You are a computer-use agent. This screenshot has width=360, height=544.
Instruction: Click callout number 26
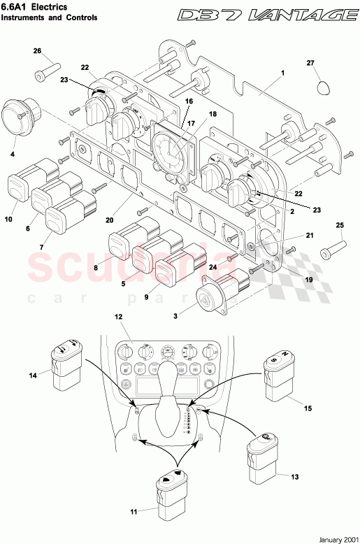pos(38,51)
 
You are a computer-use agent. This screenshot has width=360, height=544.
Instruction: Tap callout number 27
pos(311,64)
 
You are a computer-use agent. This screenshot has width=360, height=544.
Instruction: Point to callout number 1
pos(282,73)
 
